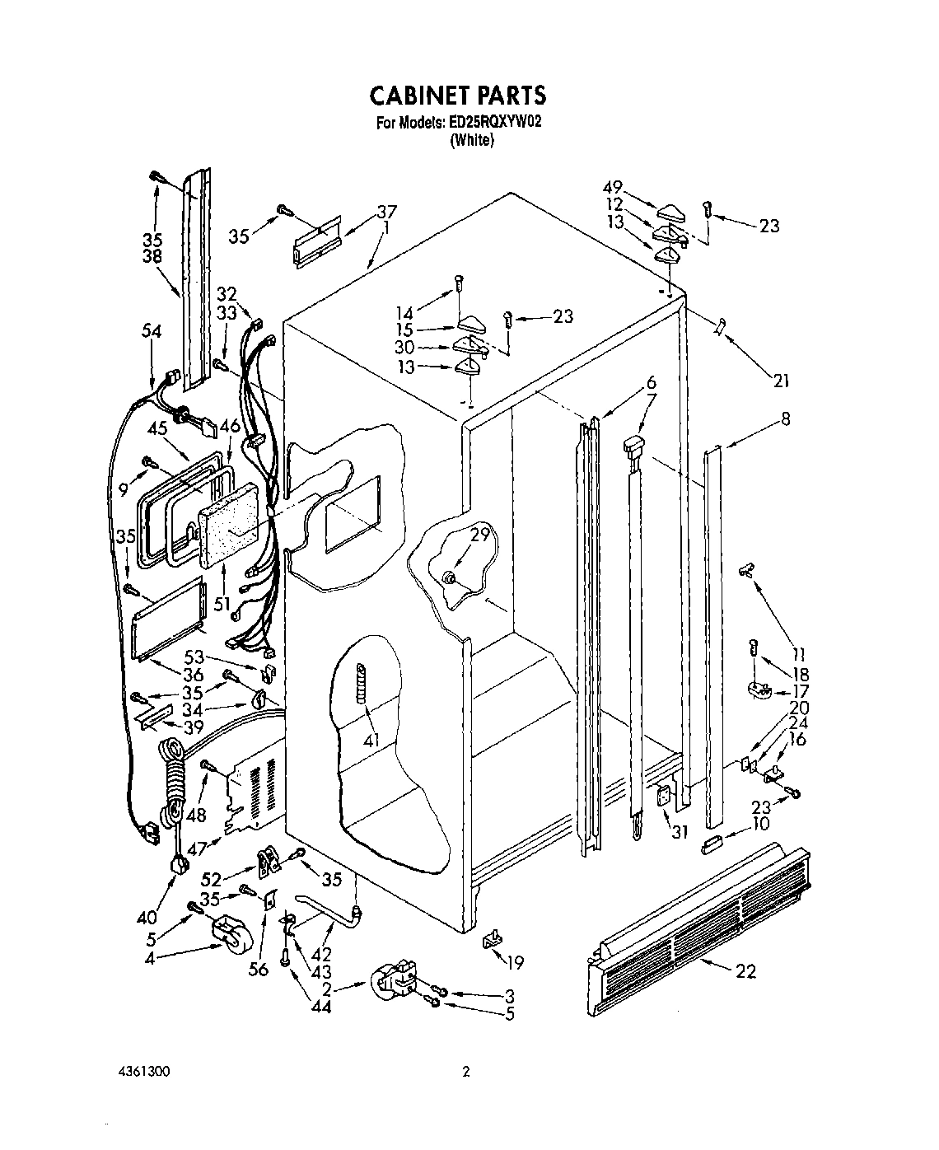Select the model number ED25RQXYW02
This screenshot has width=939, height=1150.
point(494,124)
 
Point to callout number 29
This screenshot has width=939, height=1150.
point(479,535)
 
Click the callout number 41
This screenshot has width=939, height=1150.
point(371,741)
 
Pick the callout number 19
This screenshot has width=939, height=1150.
point(516,962)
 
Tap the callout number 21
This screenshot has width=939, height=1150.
point(781,380)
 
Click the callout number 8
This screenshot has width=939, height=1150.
point(785,419)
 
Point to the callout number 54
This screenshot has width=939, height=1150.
point(151,330)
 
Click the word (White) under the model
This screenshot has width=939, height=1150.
point(471,140)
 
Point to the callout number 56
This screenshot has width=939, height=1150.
point(259,970)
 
